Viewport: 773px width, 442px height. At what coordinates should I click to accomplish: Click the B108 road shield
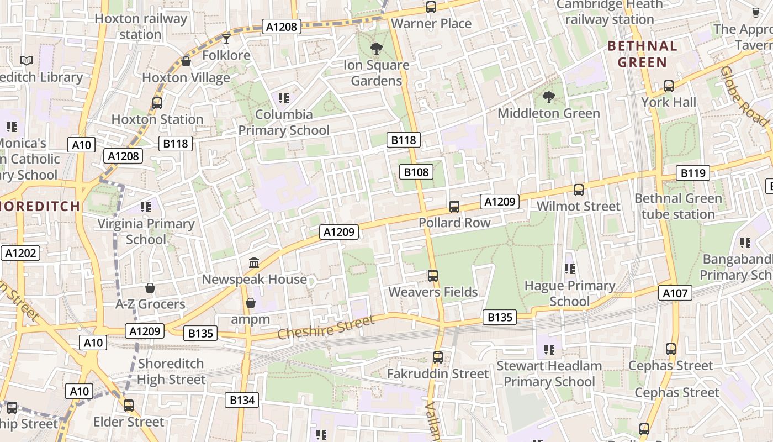click(416, 172)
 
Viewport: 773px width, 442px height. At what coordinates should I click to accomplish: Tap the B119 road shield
click(693, 173)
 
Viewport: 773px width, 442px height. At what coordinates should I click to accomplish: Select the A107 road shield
click(675, 293)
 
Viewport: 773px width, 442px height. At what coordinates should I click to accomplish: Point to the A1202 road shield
click(20, 253)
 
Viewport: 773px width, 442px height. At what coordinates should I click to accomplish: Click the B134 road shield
click(242, 400)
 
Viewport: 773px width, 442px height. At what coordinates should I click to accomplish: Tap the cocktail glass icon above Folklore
click(226, 39)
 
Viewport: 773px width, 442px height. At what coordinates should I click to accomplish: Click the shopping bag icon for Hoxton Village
click(186, 61)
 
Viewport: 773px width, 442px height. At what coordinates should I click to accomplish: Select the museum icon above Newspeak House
click(254, 262)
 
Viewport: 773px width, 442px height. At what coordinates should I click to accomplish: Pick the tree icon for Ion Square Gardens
click(377, 49)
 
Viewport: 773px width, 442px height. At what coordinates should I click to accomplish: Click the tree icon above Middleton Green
click(548, 97)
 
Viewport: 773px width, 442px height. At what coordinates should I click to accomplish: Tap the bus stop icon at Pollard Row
click(454, 207)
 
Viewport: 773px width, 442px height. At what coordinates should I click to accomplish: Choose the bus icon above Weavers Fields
click(433, 275)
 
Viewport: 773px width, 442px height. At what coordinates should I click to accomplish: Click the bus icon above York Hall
click(669, 86)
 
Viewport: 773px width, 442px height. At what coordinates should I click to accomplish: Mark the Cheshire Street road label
click(326, 327)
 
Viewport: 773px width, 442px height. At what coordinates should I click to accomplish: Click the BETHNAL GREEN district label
click(642, 54)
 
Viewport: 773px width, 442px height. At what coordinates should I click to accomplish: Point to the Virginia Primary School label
click(146, 231)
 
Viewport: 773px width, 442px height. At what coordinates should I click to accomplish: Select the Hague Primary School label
click(570, 293)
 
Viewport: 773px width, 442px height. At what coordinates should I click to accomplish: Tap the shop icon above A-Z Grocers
click(150, 288)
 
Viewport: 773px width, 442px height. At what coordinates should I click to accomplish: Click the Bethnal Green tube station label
click(678, 206)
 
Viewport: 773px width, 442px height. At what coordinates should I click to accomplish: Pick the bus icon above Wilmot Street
click(579, 190)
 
